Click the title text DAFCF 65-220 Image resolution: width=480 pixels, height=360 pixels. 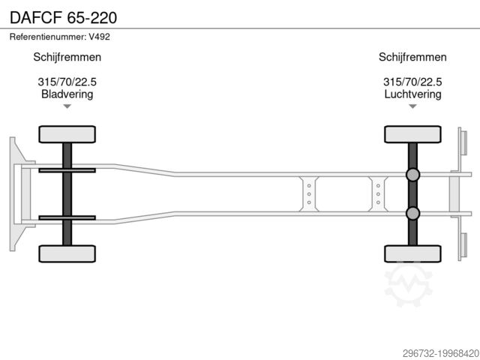point(63,17)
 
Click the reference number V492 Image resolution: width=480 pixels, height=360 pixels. point(99,37)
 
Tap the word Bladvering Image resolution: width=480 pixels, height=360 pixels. point(67,94)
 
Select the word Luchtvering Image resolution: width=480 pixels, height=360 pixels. point(412,94)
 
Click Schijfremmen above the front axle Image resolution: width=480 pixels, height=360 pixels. point(67,57)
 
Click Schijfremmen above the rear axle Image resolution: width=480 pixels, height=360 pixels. point(412,57)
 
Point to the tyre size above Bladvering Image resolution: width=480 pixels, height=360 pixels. point(67,82)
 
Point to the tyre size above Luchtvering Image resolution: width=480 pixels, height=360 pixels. point(412,82)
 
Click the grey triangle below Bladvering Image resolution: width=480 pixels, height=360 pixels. point(67,106)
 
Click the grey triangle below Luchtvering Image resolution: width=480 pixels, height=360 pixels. point(412,106)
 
